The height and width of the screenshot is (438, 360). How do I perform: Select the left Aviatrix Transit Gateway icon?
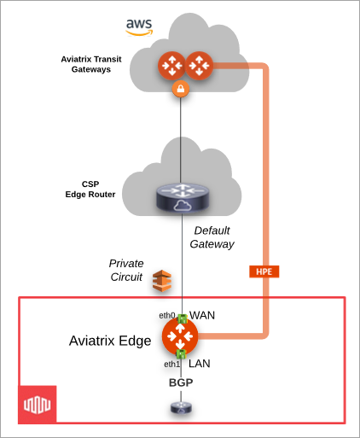[x=169, y=65]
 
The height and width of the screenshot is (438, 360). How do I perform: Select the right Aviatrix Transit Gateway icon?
[x=198, y=65]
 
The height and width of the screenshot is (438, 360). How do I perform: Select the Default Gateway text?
[x=212, y=237]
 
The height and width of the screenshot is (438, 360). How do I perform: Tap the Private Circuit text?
[x=126, y=269]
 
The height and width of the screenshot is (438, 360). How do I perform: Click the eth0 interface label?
[x=166, y=315]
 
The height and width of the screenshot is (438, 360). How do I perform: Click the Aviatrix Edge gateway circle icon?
[x=181, y=335]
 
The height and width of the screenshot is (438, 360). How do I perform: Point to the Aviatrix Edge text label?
[x=110, y=341]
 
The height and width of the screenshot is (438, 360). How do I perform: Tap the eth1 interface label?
[x=171, y=364]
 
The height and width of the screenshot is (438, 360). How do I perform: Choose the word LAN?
[x=199, y=363]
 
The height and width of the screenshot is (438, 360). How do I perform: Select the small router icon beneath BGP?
[x=180, y=410]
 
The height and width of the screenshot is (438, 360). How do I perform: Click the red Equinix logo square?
[x=38, y=403]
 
